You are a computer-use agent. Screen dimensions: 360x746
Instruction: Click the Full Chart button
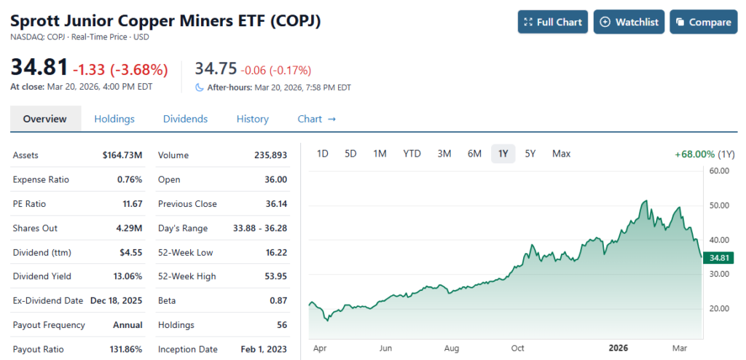(x=553, y=22)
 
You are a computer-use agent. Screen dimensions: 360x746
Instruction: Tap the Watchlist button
(x=629, y=22)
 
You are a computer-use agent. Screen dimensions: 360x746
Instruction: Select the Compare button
(x=703, y=22)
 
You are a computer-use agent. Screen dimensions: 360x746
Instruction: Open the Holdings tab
(x=114, y=119)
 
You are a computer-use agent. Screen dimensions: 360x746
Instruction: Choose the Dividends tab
(x=185, y=119)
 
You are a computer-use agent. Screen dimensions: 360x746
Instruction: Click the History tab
(x=252, y=119)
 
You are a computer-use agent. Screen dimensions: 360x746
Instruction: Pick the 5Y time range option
(x=530, y=154)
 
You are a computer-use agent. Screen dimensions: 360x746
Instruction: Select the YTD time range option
(x=412, y=154)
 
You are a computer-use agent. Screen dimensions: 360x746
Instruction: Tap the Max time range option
(x=561, y=154)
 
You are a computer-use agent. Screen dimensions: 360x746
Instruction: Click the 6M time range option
(x=474, y=154)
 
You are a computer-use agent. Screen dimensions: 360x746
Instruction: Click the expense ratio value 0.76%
(x=130, y=179)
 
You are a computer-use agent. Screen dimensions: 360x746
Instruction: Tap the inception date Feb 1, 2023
(x=264, y=349)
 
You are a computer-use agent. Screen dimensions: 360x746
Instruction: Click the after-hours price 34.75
(x=216, y=69)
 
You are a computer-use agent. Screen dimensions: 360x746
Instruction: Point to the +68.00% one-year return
(x=695, y=154)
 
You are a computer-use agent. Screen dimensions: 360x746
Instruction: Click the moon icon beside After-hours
(x=200, y=87)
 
